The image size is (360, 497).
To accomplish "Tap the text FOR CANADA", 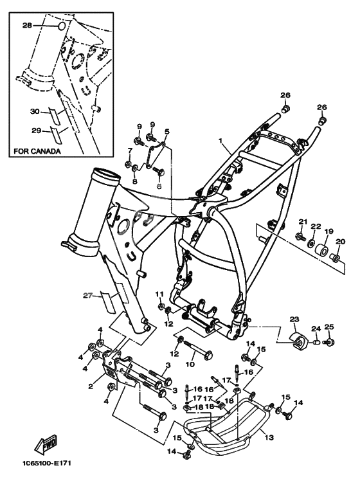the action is [x=37, y=151].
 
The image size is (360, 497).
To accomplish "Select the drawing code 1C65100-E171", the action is [x=46, y=464].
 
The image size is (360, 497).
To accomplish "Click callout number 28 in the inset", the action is [x=27, y=26].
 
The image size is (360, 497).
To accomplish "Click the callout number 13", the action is [x=269, y=438].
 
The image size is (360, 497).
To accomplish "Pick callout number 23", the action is [x=294, y=319].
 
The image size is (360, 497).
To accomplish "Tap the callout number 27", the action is [x=88, y=296].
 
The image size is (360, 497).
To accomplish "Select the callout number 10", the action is [x=190, y=365].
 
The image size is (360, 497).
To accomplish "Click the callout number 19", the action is [x=328, y=231].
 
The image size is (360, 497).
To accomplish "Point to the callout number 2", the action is [x=91, y=386].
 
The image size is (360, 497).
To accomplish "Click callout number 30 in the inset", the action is [x=35, y=112].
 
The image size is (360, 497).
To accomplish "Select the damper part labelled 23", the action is [x=298, y=341].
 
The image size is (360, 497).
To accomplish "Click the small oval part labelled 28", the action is [x=62, y=26].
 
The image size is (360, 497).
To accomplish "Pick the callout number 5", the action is [x=167, y=131].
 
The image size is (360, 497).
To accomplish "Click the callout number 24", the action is [x=316, y=329].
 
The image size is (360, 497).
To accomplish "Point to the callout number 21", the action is [x=303, y=222].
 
